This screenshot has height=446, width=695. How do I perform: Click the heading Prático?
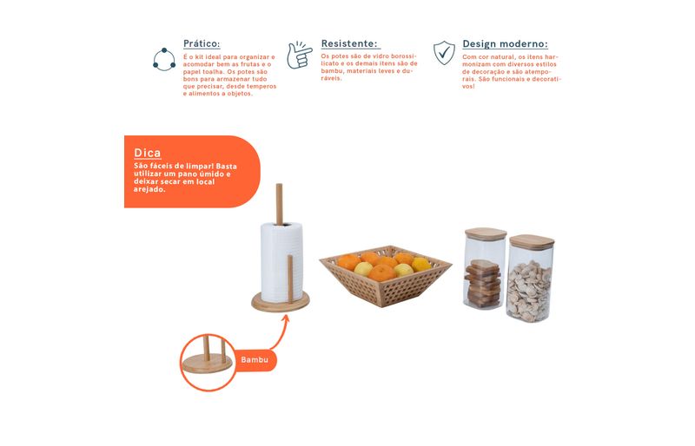(x=202, y=44)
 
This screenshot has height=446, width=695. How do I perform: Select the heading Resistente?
(x=349, y=44)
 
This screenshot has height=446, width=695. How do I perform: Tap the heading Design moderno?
(x=506, y=44)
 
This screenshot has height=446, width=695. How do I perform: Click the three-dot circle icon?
(x=164, y=59)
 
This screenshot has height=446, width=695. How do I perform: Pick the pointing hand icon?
(x=299, y=56)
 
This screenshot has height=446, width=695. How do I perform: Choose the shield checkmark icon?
(x=444, y=53)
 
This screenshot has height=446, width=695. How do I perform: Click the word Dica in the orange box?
(x=148, y=153)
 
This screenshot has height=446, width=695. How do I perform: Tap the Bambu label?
(x=255, y=359)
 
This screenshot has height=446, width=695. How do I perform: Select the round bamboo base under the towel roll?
(x=281, y=302)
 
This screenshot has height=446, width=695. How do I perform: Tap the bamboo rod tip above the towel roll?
(x=279, y=185)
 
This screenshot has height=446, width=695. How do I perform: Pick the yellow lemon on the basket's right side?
(x=420, y=265)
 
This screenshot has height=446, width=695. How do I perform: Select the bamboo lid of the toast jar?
(x=486, y=233)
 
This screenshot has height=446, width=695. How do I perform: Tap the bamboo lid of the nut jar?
(x=532, y=242)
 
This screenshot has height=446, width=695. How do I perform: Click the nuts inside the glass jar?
(x=529, y=291)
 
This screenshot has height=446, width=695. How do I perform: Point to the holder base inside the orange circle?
(x=208, y=364)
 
